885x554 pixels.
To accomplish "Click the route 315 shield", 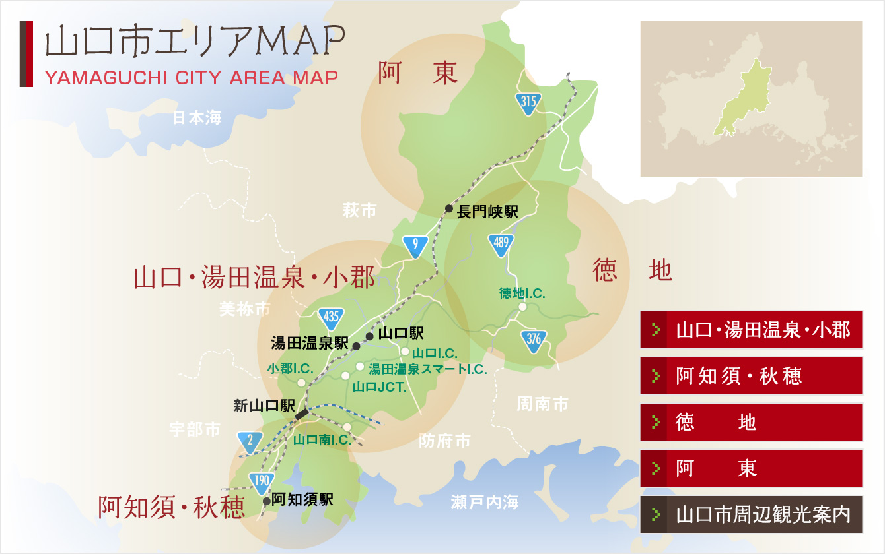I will point(528,102).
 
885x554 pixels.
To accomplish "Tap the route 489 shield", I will point(501,245).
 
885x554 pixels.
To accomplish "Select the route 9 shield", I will point(415,245).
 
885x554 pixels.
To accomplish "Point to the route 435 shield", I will point(331,319).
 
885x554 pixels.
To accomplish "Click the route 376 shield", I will point(534,340).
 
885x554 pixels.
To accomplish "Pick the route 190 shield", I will point(262,481).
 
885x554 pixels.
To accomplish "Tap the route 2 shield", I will point(250,441).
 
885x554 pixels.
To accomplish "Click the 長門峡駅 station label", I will point(487,212).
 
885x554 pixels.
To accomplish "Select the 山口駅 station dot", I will point(369,336).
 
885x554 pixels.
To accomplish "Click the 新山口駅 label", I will point(264,406).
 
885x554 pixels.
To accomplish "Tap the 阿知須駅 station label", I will point(302,499).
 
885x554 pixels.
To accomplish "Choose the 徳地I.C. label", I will point(522,293).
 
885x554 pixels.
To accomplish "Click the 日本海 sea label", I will point(197,118).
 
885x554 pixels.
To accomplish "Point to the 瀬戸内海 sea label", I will point(485,503).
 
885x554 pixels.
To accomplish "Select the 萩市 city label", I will point(360,211).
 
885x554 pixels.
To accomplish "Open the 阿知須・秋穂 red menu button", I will point(751,376).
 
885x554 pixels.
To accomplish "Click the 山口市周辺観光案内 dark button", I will point(751,514).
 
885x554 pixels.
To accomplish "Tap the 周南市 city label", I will point(542,404).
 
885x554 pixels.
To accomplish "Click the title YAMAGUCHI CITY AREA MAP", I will point(191,78).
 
